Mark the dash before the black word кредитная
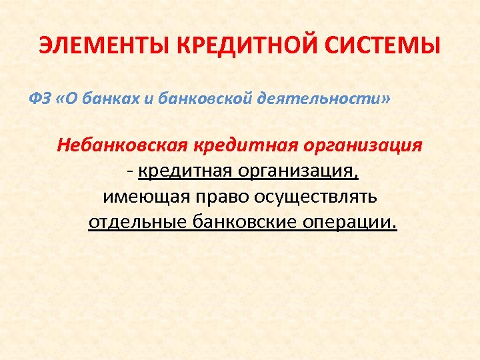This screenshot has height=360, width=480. pos(130,172)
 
